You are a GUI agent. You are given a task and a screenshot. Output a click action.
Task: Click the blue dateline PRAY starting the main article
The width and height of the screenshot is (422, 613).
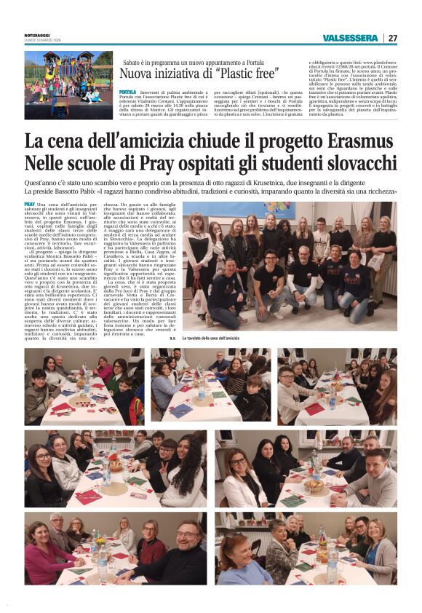pyautogui.click(x=30, y=205)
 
